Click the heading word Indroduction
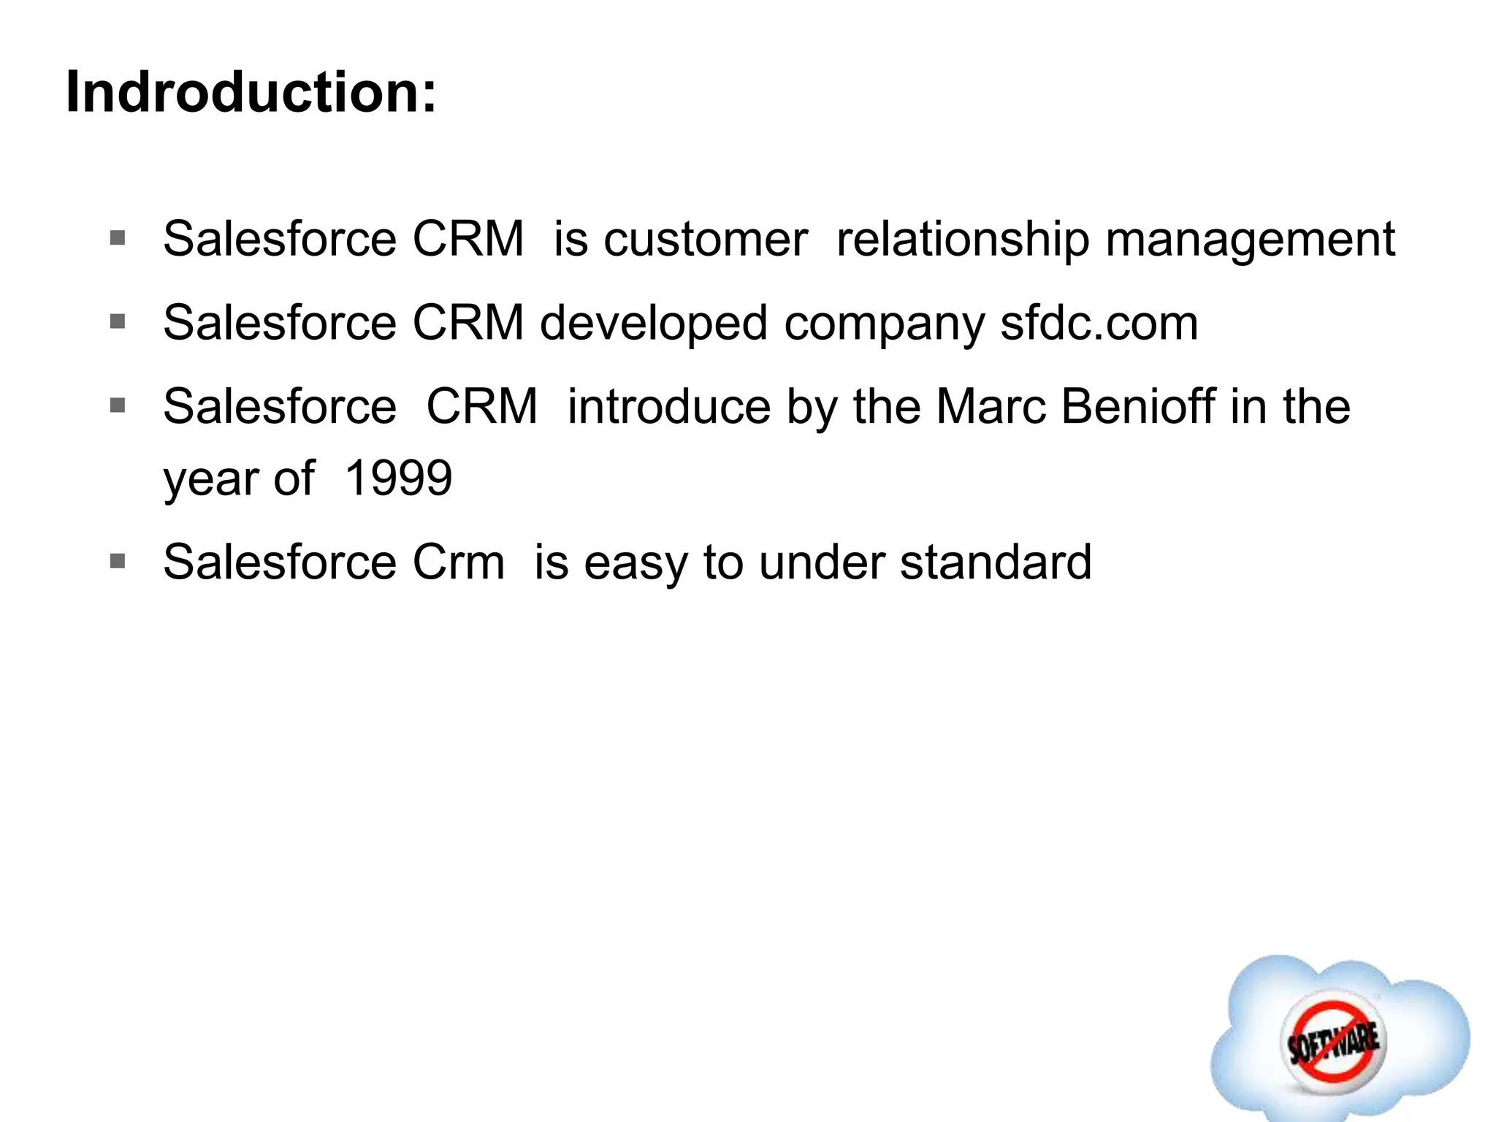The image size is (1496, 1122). [x=251, y=93]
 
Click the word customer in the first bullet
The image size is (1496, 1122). [x=706, y=240]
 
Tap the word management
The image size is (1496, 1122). [x=1250, y=240]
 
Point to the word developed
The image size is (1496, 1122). [x=654, y=324]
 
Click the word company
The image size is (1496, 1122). [x=884, y=324]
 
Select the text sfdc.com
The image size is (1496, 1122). [x=1099, y=324]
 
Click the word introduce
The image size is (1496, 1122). [x=668, y=407]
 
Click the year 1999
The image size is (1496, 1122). [x=398, y=479]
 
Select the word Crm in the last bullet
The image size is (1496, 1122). [x=459, y=562]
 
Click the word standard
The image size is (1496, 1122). [x=996, y=562]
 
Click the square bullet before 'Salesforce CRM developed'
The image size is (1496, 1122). [x=118, y=321]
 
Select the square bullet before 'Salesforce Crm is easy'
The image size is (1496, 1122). [x=118, y=561]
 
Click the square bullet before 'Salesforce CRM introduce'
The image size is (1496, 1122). [x=118, y=405]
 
